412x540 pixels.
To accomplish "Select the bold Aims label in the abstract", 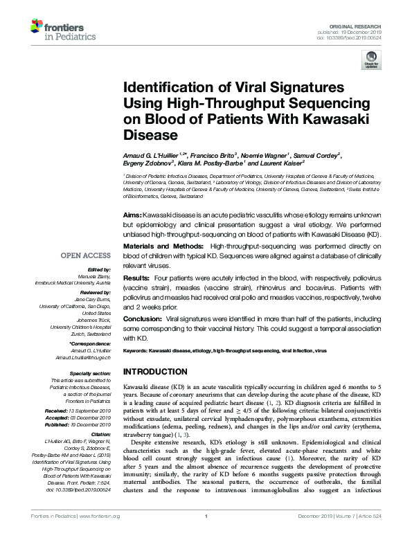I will coord(133,216).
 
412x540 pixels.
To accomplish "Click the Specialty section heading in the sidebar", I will coord(91,372).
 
